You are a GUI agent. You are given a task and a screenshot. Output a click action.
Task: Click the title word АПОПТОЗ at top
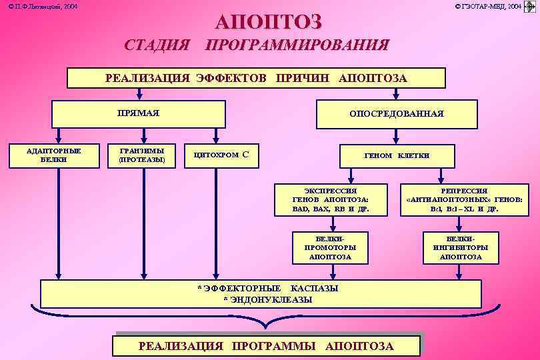[268, 21]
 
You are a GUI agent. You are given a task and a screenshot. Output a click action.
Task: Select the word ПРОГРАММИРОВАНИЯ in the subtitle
[297, 45]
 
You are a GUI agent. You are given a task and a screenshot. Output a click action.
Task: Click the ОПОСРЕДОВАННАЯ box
[397, 113]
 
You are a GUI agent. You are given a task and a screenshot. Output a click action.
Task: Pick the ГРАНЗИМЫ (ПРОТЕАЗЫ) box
[141, 155]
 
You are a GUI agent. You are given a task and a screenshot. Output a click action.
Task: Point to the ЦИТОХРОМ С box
[221, 155]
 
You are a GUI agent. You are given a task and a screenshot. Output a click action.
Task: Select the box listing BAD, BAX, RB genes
[331, 199]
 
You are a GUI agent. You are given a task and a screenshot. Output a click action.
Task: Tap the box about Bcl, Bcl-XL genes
[460, 199]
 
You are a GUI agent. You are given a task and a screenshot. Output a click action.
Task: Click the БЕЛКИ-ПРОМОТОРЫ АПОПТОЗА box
[331, 247]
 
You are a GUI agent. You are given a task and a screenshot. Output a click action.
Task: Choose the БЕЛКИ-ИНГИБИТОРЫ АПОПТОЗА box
[461, 247]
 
